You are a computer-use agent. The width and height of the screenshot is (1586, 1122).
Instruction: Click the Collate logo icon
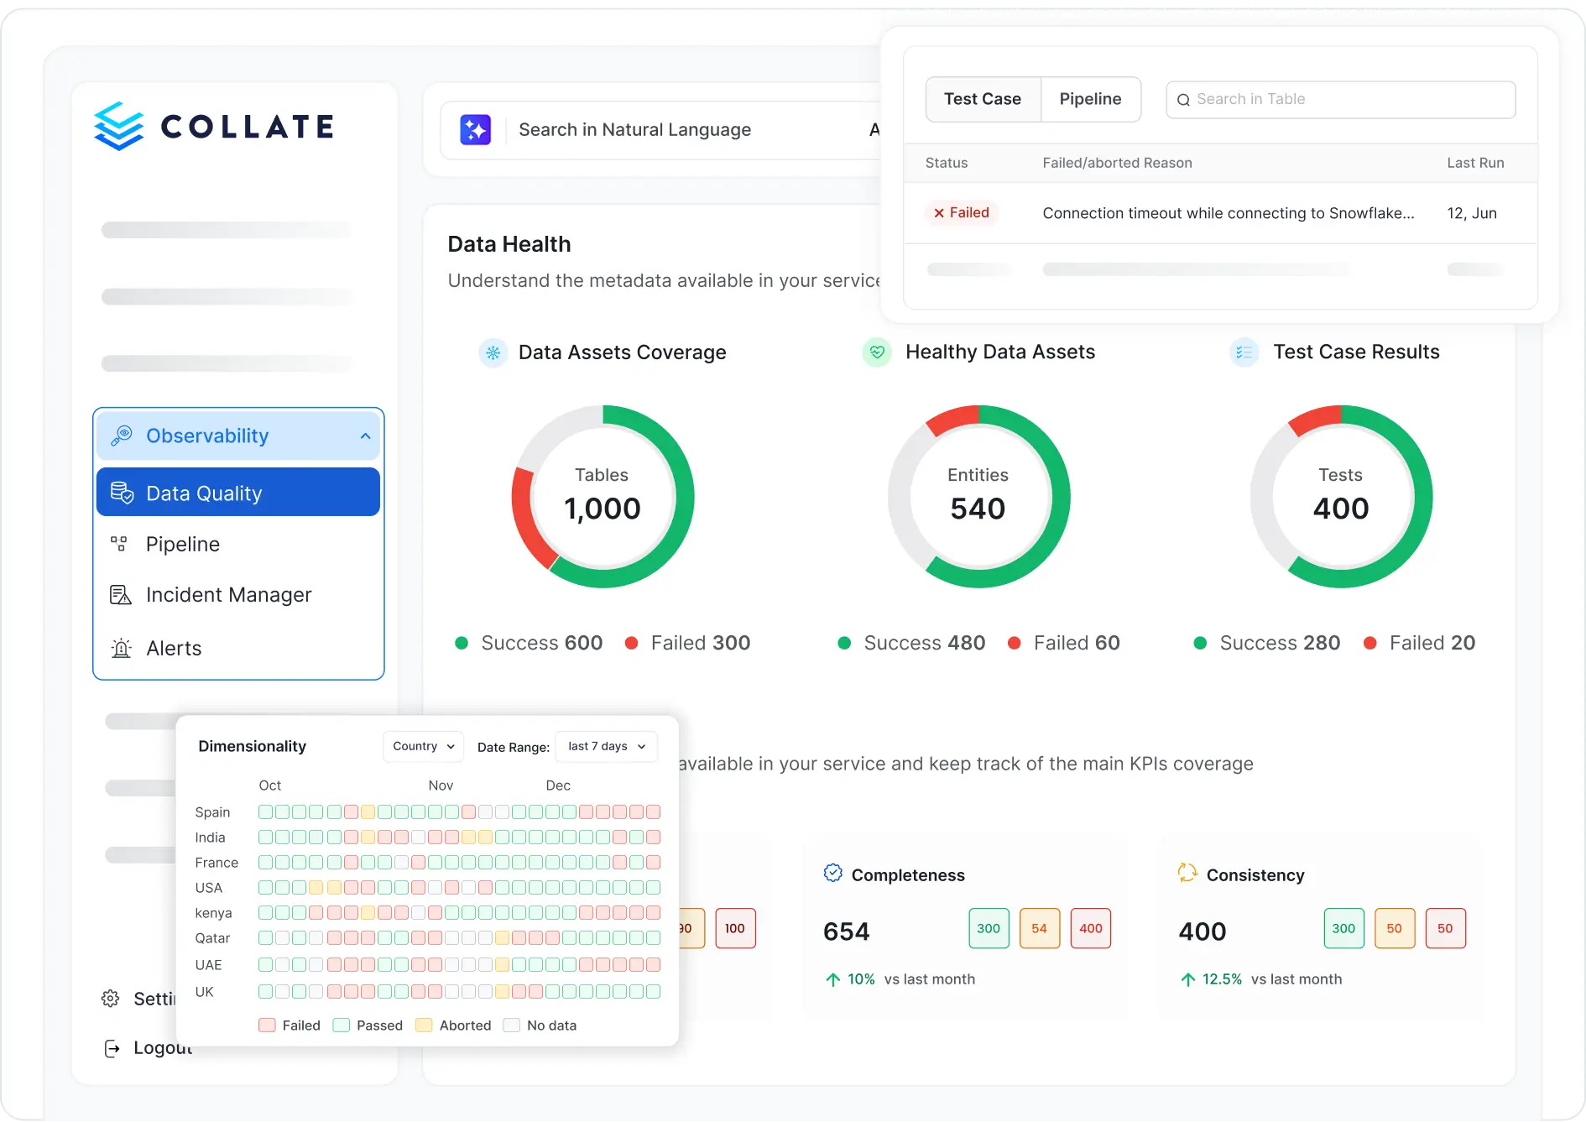pyautogui.click(x=119, y=127)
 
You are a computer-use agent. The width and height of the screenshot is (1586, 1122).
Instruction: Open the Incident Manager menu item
pyautogui.click(x=228, y=595)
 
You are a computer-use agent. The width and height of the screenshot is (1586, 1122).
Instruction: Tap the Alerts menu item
pyautogui.click(x=174, y=649)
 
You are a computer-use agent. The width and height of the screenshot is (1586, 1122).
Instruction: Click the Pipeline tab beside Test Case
pyautogui.click(x=1090, y=99)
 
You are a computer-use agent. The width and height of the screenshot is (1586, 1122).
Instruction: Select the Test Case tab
pyautogui.click(x=983, y=99)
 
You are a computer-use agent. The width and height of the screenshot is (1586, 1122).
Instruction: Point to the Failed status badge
pyautogui.click(x=962, y=213)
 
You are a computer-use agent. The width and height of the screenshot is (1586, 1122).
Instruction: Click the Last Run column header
pyautogui.click(x=1475, y=163)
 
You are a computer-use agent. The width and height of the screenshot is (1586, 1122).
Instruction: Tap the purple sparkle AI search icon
pyautogui.click(x=475, y=130)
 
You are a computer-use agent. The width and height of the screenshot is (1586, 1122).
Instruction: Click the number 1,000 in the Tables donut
pyautogui.click(x=603, y=509)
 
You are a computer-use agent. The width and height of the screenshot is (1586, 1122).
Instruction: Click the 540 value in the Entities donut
pyautogui.click(x=978, y=509)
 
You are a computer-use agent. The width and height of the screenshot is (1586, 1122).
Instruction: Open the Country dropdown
pyautogui.click(x=423, y=746)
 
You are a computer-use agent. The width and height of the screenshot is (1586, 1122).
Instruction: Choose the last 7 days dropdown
pyautogui.click(x=606, y=746)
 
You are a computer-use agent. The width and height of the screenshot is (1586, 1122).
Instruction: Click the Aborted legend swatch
pyautogui.click(x=424, y=1025)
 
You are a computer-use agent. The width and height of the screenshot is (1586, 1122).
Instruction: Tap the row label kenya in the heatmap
pyautogui.click(x=213, y=913)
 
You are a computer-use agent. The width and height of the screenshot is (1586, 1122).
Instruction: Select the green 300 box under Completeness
pyautogui.click(x=989, y=928)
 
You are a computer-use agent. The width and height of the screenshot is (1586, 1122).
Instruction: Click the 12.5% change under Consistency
pyautogui.click(x=1222, y=979)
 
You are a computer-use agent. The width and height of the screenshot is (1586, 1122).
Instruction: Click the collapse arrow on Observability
pyautogui.click(x=365, y=436)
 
